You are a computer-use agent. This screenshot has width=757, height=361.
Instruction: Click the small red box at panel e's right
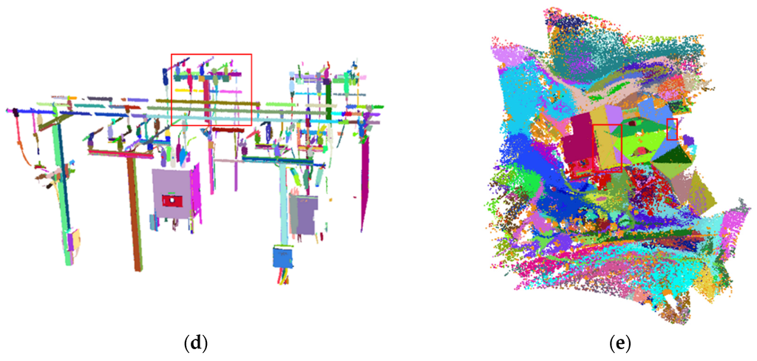click(x=671, y=129)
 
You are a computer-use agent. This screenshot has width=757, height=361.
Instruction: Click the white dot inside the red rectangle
click(x=172, y=200)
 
